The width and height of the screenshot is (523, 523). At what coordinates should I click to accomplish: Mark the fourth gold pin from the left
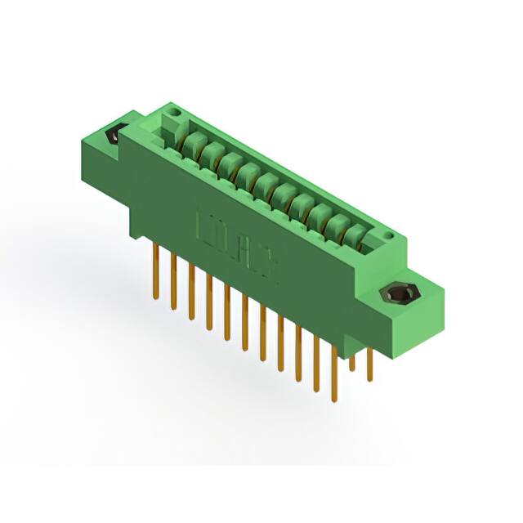tap(209, 302)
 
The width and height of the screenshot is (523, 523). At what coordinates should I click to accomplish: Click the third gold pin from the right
tap(333, 372)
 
